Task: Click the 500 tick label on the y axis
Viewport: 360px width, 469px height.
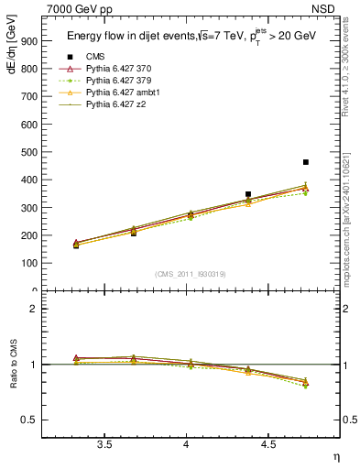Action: point(30,152)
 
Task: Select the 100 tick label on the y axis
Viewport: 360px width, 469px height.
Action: point(30,264)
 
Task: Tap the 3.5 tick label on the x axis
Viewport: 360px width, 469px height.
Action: point(104,444)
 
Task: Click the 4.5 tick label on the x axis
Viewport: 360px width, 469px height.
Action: point(268,444)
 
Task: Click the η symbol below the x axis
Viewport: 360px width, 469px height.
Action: point(334,455)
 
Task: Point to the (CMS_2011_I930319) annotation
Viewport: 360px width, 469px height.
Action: point(191,274)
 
